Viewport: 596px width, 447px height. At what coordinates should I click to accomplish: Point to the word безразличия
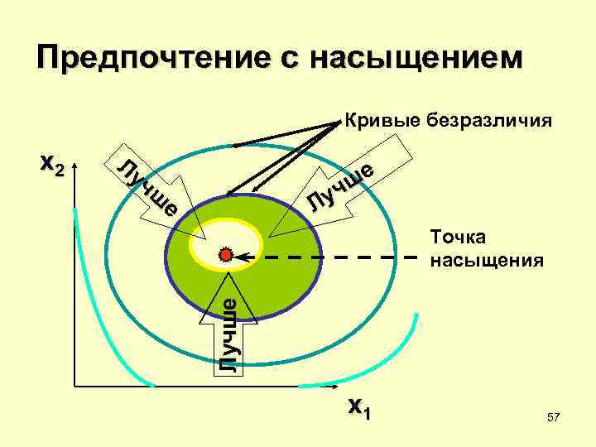pos(488,122)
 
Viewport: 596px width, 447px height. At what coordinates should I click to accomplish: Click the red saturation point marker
pos(226,256)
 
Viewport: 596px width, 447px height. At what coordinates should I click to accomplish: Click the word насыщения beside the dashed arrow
pos(487,261)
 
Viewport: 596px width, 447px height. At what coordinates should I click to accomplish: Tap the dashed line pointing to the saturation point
pos(331,257)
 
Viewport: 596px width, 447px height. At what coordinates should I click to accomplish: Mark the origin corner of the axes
pos(74,387)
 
